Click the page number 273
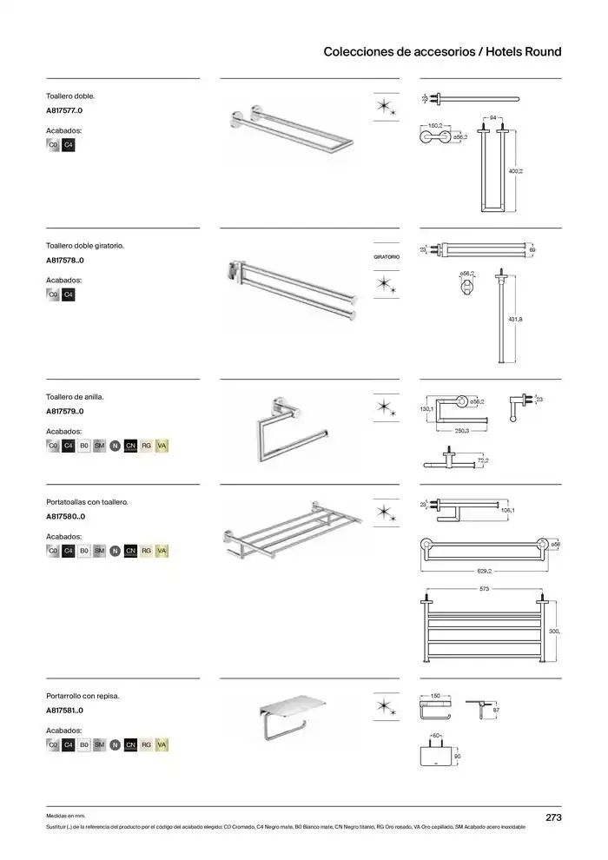coord(553,817)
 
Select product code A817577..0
coord(65,111)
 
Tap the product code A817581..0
coord(65,711)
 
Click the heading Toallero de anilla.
coord(69,396)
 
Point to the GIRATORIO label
coord(386,258)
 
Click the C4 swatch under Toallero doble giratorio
coord(69,294)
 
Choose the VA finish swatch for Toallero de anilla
coord(162,446)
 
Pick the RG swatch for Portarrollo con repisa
coord(146,744)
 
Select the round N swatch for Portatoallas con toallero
coord(115,551)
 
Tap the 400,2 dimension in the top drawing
coord(515,172)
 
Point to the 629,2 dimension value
coord(484,571)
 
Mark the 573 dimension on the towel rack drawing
coord(484,589)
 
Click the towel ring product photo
coord(292,427)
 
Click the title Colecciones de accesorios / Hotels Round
coord(442,52)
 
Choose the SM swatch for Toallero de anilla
coord(99,446)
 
